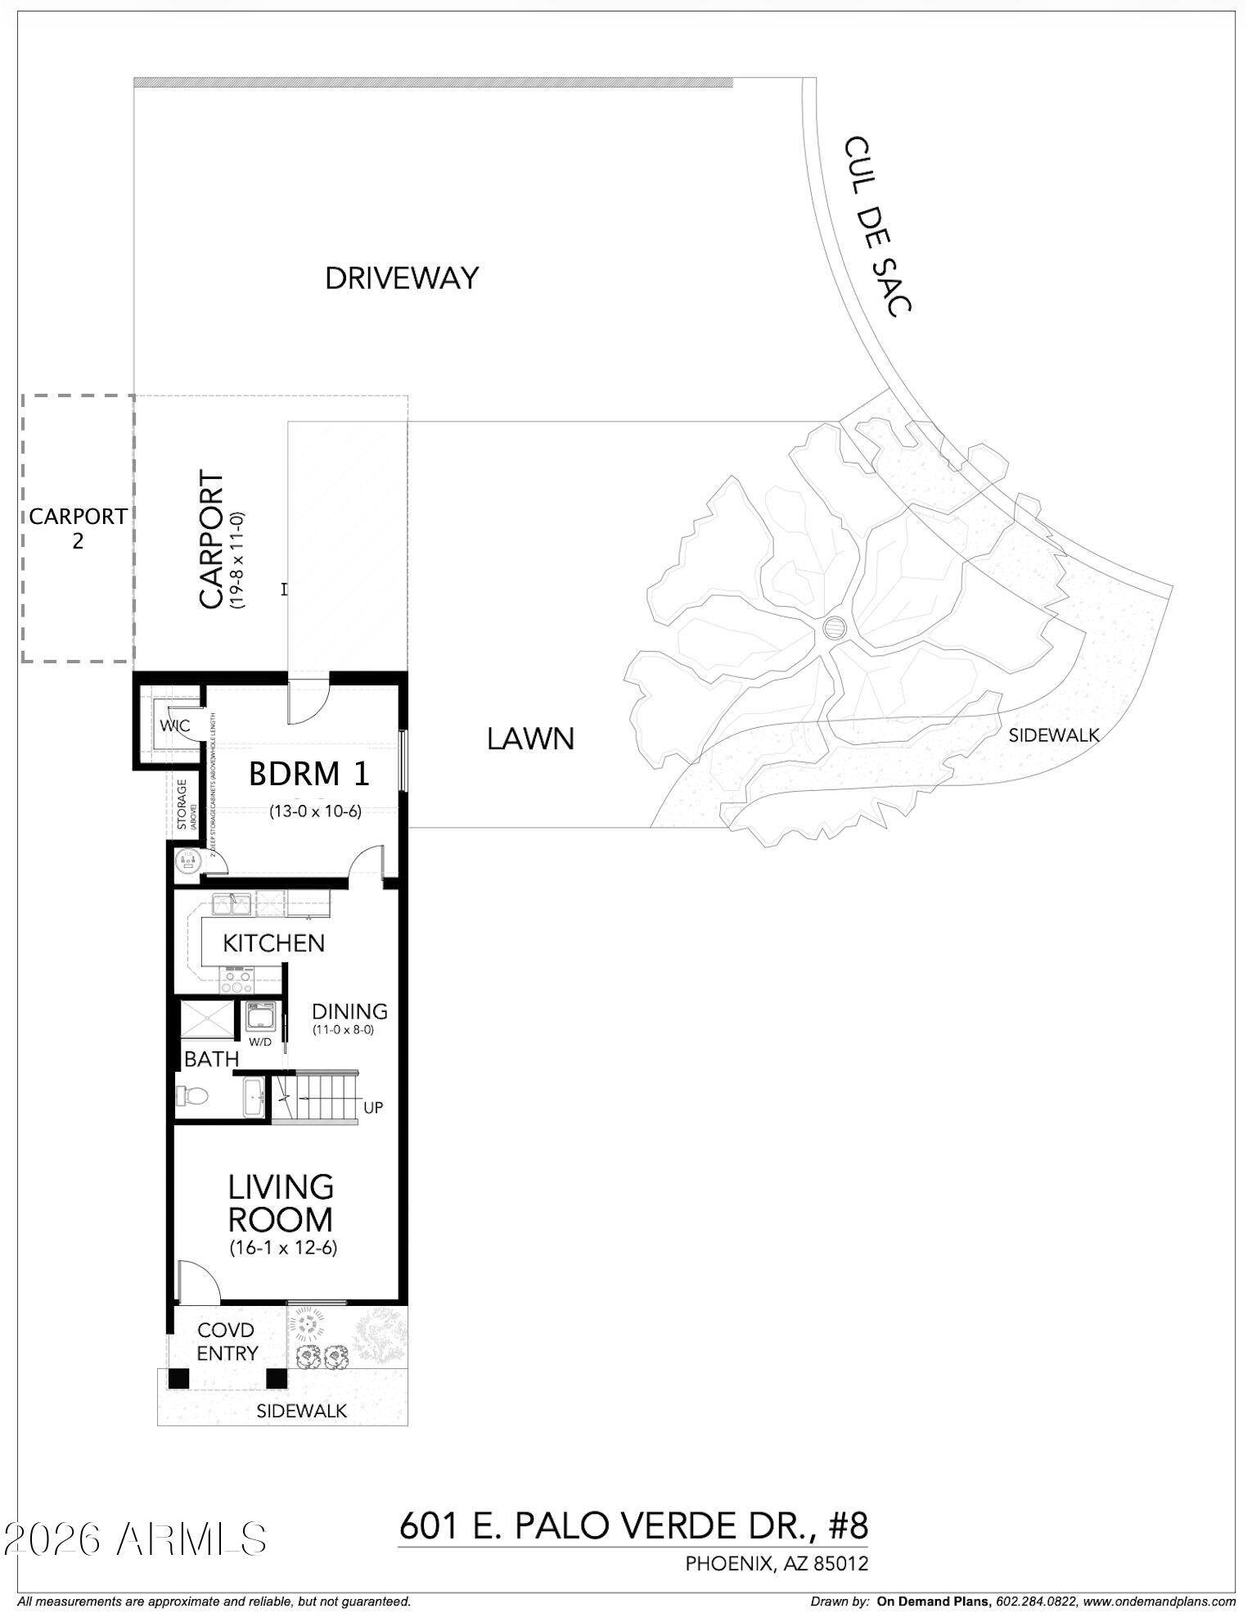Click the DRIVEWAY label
[x=401, y=279]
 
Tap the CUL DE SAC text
[x=878, y=226]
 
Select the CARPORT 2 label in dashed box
[x=78, y=528]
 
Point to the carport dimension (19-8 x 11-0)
[x=237, y=559]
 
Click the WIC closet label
[x=174, y=725]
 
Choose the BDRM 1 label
[x=309, y=774]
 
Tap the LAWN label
[x=530, y=739]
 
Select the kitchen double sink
[x=232, y=904]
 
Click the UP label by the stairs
[x=373, y=1108]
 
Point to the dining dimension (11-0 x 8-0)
[x=343, y=1030]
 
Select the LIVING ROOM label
[x=281, y=1203]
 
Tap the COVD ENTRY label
[x=227, y=1342]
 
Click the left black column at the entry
[x=178, y=1378]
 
